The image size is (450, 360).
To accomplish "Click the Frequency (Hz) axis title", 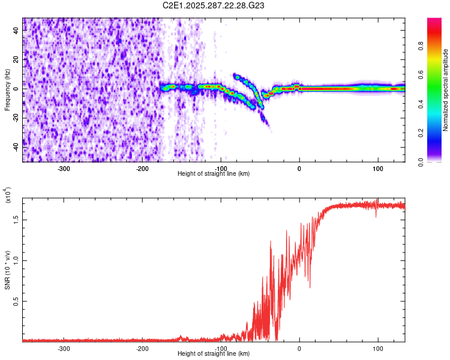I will click(x=7, y=90).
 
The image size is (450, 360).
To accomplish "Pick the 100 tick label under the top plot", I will click(x=377, y=169).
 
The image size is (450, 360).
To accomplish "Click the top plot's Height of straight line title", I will click(x=214, y=174).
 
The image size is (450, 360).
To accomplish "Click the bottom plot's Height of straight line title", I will click(x=214, y=354).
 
